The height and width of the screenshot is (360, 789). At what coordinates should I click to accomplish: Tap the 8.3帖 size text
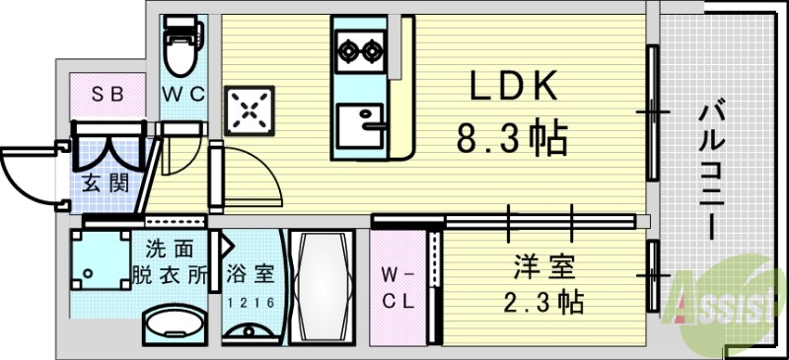[512, 138]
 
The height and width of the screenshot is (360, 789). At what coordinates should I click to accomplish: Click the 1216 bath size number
[251, 303]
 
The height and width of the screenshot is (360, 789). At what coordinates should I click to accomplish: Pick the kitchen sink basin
[356, 126]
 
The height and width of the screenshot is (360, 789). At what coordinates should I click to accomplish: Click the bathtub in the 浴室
[323, 285]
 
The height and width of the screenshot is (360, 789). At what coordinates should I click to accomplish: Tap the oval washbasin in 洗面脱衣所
[175, 324]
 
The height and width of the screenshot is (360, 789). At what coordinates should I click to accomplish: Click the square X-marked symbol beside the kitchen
[251, 110]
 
